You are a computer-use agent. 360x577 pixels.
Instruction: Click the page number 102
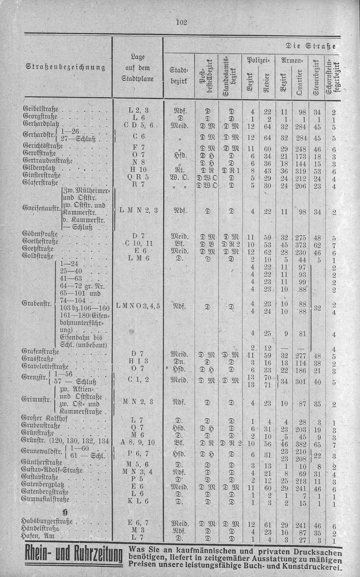(x=181, y=22)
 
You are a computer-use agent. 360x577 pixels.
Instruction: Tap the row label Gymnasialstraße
(x=45, y=499)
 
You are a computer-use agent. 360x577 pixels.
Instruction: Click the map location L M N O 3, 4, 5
(x=138, y=306)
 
